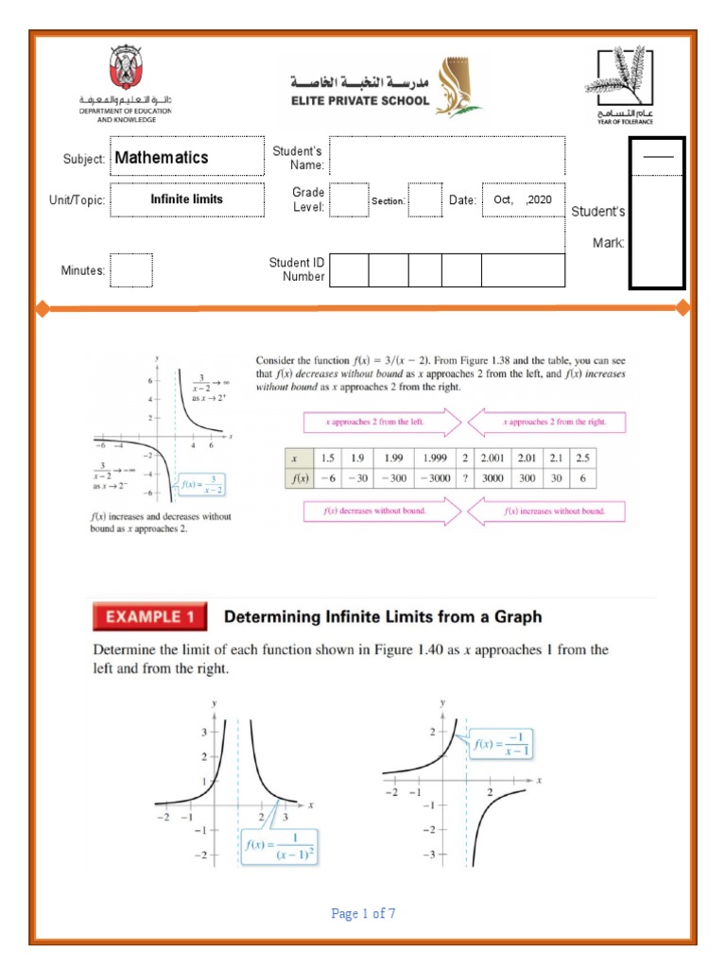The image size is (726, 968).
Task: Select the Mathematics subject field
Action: (187, 158)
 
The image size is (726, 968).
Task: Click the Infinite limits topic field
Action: (187, 199)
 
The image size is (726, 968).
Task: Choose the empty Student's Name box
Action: (446, 157)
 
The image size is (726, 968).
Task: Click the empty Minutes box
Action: (130, 269)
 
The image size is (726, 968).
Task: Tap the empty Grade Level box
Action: (350, 200)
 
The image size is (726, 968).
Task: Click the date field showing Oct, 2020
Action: (523, 200)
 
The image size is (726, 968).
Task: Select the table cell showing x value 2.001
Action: (493, 458)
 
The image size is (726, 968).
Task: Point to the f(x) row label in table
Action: (299, 478)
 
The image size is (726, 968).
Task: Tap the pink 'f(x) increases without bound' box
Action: (553, 511)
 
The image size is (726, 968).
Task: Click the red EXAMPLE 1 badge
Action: (149, 617)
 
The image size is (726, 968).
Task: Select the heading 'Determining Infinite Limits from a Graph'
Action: (383, 617)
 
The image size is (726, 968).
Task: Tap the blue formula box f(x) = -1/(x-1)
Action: (503, 744)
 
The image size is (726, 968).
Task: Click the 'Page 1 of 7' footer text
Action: (363, 913)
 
